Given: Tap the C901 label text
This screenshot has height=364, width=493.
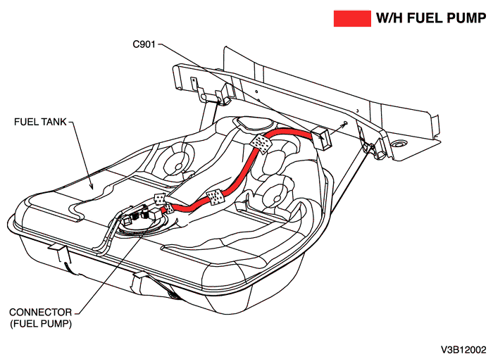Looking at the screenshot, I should point(146,44).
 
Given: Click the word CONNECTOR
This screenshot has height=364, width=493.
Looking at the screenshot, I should point(40,312).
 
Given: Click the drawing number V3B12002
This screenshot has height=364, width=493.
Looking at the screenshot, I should point(463,349).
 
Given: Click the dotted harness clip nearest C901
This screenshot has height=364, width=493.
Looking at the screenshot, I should point(261,142).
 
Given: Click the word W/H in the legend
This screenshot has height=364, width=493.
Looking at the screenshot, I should point(390,19).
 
